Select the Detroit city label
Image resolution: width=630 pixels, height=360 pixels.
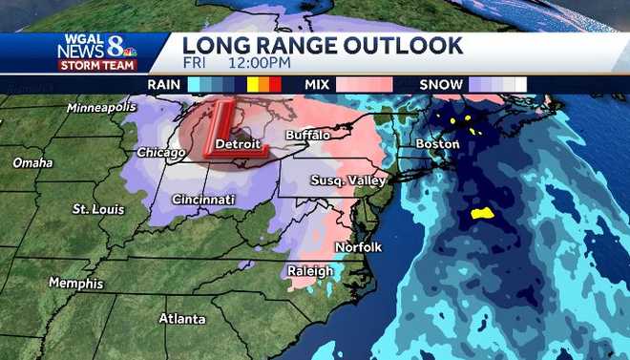[x=238, y=144]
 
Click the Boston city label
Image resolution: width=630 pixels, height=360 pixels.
[x=437, y=144]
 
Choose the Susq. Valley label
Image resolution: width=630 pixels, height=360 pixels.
[x=347, y=180]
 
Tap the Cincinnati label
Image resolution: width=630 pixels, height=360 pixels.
[x=203, y=200]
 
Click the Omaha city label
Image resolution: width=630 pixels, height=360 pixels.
[x=32, y=163]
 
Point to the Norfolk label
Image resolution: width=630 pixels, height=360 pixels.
[x=358, y=247]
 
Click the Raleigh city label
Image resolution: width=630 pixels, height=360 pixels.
[x=311, y=271]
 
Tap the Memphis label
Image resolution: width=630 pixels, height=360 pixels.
[x=75, y=284]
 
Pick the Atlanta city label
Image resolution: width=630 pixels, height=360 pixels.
[x=181, y=318]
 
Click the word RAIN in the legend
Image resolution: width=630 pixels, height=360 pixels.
[x=164, y=85]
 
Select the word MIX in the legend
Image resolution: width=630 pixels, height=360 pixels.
[x=317, y=85]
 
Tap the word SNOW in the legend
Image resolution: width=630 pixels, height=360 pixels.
[x=441, y=85]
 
